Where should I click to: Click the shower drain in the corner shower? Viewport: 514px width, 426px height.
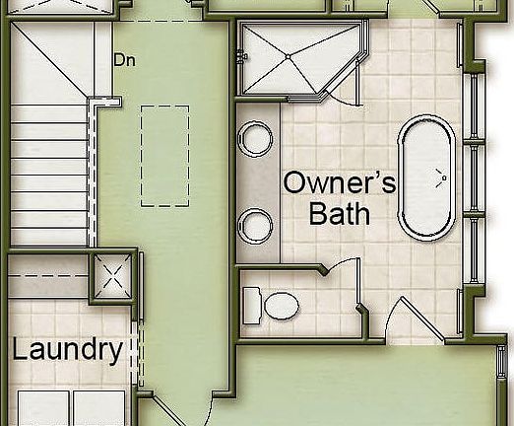[287, 58]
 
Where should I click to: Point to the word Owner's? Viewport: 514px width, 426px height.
[340, 183]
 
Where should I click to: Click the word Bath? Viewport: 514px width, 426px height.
[340, 213]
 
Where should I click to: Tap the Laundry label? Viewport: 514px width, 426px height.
[68, 349]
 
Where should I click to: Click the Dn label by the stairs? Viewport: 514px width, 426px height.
[124, 59]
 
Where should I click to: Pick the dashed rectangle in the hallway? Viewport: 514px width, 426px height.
[162, 155]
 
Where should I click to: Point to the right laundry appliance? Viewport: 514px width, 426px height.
[99, 407]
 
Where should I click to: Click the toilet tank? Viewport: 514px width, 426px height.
[250, 303]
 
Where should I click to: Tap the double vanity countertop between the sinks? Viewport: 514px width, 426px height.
[257, 181]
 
